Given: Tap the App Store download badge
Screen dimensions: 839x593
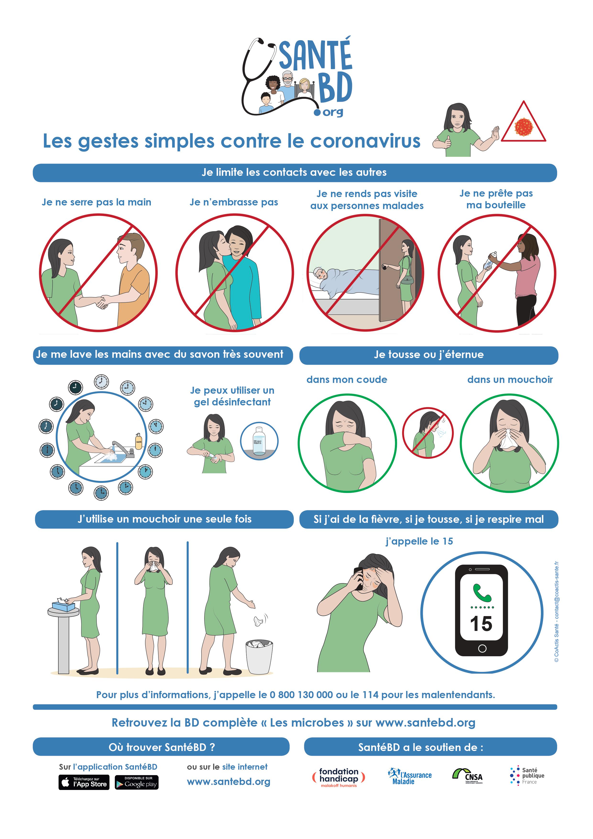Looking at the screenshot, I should pyautogui.click(x=84, y=782).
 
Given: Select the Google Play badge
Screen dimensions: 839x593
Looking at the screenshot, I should pyautogui.click(x=136, y=782).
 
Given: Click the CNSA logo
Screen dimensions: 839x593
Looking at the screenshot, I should pyautogui.click(x=468, y=775).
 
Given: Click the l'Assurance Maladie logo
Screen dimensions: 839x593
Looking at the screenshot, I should pyautogui.click(x=409, y=776).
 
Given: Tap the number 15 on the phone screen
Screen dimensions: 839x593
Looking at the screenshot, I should pyautogui.click(x=481, y=624).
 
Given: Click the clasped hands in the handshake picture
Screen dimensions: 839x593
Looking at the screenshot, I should pyautogui.click(x=101, y=302).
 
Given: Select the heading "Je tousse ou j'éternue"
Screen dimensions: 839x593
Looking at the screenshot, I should pyautogui.click(x=429, y=354).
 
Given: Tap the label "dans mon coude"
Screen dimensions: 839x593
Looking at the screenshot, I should pyautogui.click(x=347, y=380).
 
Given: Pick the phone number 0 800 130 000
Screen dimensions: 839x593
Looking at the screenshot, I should pyautogui.click(x=301, y=695).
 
